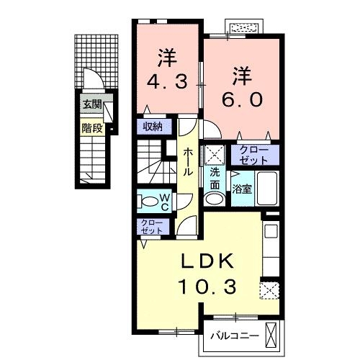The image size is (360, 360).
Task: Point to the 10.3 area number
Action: click(x=207, y=287)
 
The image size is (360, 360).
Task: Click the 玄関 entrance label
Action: click(x=91, y=104)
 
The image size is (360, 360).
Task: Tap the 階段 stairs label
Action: click(x=91, y=130)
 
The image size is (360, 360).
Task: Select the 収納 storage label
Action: click(x=151, y=127)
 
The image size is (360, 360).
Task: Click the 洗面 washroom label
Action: click(x=215, y=179)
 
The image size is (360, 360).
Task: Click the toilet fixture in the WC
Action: click(x=147, y=200)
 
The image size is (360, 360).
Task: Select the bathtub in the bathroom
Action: click(x=268, y=189)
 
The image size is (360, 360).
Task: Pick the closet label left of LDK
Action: click(x=151, y=226)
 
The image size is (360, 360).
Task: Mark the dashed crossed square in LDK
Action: click(x=269, y=289)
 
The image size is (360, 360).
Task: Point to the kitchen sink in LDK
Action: click(x=271, y=233)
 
